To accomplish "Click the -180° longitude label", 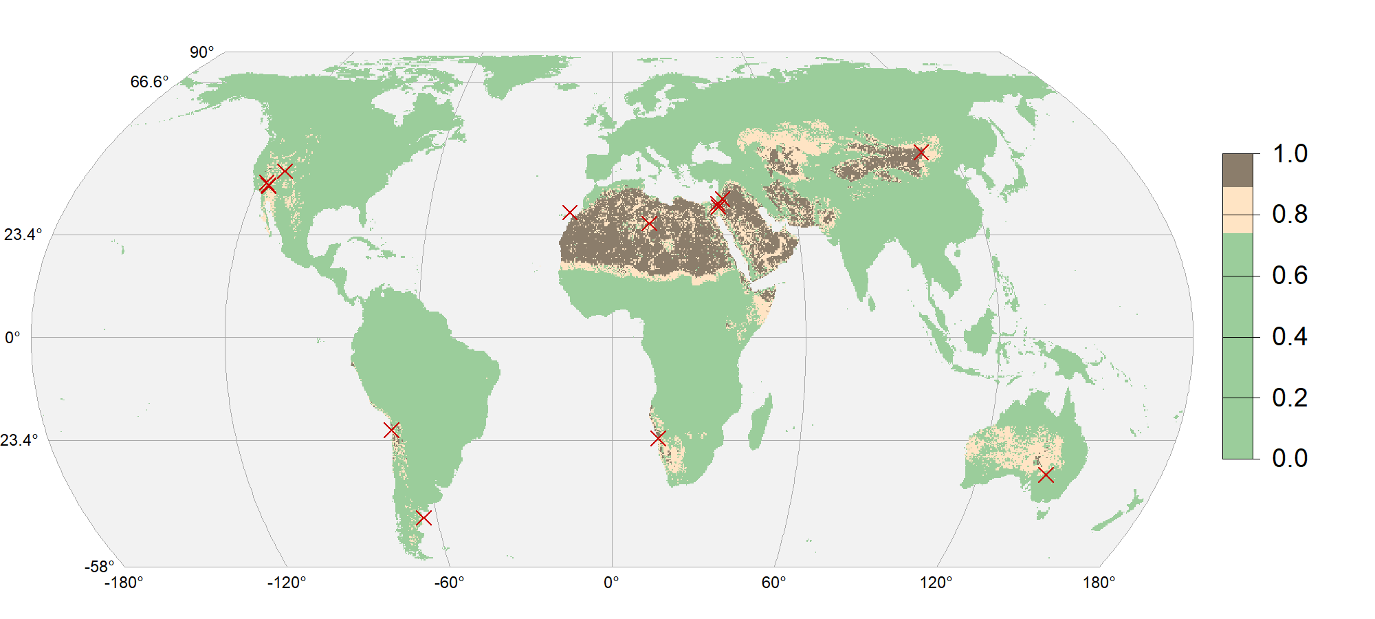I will click(x=124, y=583).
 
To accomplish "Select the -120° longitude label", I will click(x=287, y=583).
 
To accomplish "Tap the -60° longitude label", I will click(x=449, y=583).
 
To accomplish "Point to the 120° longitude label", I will click(x=936, y=583).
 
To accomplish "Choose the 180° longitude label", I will click(x=1099, y=583).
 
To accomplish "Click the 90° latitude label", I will click(x=202, y=52).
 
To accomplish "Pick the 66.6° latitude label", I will click(x=149, y=82).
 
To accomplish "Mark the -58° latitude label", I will click(x=100, y=567).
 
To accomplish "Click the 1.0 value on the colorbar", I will click(x=1290, y=154).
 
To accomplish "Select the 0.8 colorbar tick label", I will click(x=1290, y=215).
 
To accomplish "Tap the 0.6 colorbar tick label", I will click(x=1290, y=276).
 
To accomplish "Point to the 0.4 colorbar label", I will click(x=1290, y=337).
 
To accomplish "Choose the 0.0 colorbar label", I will click(x=1290, y=458).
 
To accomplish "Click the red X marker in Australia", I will click(x=1046, y=475).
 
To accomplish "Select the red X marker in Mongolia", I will click(x=921, y=153).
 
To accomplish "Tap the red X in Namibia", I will click(x=658, y=438).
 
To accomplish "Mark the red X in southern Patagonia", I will click(x=423, y=517).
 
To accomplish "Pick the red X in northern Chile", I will click(x=391, y=431).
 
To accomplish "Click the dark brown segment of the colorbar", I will click(x=1237, y=170).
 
